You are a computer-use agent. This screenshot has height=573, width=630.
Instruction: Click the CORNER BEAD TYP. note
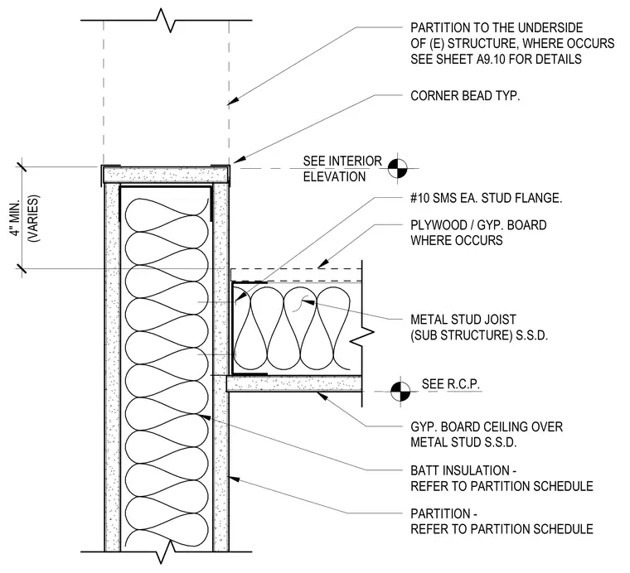(465, 96)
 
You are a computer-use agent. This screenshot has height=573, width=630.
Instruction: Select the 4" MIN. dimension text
(16, 219)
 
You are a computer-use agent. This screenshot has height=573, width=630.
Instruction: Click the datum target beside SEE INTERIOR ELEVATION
(397, 168)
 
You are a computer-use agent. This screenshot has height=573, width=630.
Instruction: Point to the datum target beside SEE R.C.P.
(400, 391)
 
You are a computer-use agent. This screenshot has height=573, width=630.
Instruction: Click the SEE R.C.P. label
(450, 384)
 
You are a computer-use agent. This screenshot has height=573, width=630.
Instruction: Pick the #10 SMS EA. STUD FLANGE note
(486, 198)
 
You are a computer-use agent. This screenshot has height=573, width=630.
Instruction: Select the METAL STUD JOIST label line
(463, 320)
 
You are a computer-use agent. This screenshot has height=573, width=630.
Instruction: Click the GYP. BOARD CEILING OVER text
(487, 426)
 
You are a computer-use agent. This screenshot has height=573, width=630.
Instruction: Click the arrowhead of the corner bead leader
(238, 159)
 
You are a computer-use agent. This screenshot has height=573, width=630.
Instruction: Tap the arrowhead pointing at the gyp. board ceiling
(322, 397)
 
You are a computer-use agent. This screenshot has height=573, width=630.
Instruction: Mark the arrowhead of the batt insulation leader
(205, 417)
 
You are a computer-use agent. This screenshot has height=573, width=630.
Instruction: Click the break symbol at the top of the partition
(166, 20)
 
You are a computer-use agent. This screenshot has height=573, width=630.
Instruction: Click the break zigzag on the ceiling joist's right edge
(362, 333)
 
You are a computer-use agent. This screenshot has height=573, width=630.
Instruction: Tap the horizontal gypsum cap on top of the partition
(166, 175)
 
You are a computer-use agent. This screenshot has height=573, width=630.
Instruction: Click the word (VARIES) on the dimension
(32, 219)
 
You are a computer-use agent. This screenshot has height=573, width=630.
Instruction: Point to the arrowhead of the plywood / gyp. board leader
(322, 264)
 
